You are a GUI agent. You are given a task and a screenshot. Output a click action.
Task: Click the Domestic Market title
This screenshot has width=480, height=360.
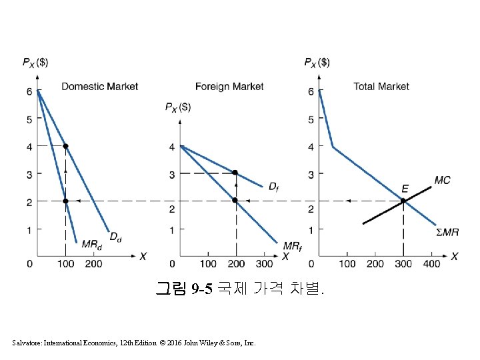pos(100,86)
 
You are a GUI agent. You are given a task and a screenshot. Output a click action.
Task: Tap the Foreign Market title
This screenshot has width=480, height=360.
pos(229,86)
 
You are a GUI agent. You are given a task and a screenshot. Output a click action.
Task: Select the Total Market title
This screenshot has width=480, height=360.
pos(381,86)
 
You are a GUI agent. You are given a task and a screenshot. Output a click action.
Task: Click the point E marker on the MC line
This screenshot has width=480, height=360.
pos(403,201)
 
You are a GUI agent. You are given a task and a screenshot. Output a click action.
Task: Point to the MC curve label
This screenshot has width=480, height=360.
pos(442,180)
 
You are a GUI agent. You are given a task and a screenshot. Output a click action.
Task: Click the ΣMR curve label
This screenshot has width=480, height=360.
pos(447,232)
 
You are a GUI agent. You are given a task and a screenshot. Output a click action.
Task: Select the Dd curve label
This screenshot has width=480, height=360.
pos(115,236)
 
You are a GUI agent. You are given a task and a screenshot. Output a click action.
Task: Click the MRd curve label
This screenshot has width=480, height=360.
pos(91,245)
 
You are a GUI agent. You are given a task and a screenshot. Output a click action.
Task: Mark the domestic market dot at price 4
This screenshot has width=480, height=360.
pos(65,146)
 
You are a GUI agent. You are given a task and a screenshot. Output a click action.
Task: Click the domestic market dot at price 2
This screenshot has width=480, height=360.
pos(65,201)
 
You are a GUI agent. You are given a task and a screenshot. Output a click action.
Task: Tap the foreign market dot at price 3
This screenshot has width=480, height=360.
pos(235,173)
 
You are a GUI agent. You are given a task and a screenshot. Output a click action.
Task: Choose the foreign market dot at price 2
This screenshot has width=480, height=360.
pos(235,200)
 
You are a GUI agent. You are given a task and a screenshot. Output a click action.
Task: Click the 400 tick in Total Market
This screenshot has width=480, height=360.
pos(432,264)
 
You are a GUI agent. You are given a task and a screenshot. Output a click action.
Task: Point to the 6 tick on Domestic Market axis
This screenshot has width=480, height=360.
pos(29,91)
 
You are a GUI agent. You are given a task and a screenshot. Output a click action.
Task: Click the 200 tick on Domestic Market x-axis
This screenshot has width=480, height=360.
pos(93,264)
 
